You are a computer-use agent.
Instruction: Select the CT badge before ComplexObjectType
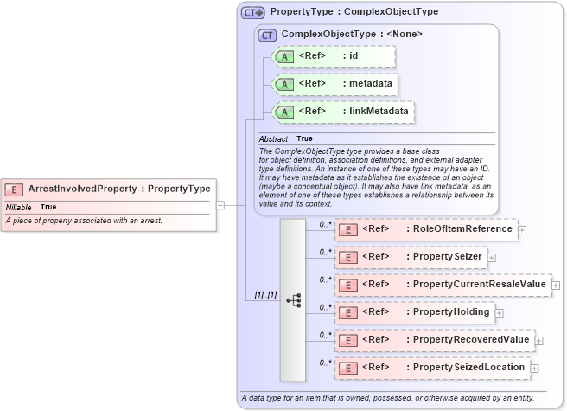pyautogui.click(x=268, y=35)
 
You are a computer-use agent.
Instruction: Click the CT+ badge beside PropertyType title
pyautogui.click(x=252, y=12)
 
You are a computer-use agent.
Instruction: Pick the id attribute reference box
pyautogui.click(x=334, y=56)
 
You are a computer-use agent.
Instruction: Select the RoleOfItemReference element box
pyautogui.click(x=425, y=229)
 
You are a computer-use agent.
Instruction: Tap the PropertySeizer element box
pyautogui.click(x=411, y=257)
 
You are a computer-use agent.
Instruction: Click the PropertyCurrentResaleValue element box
pyautogui.click(x=443, y=285)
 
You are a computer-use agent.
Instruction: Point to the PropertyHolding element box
pyautogui.click(x=415, y=311)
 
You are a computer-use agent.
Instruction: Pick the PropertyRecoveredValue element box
pyautogui.click(x=434, y=339)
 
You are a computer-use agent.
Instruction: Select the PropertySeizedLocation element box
pyautogui.click(x=432, y=367)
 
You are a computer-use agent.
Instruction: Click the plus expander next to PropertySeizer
pyautogui.click(x=491, y=258)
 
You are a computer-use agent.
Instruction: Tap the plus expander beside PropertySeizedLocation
pyautogui.click(x=535, y=368)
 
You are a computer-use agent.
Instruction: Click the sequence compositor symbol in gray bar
pyautogui.click(x=293, y=300)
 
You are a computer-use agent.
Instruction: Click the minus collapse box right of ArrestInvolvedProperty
pyautogui.click(x=220, y=205)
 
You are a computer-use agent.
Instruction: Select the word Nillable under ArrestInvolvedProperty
pyautogui.click(x=19, y=207)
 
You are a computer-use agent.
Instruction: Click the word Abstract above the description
pyautogui.click(x=273, y=138)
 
